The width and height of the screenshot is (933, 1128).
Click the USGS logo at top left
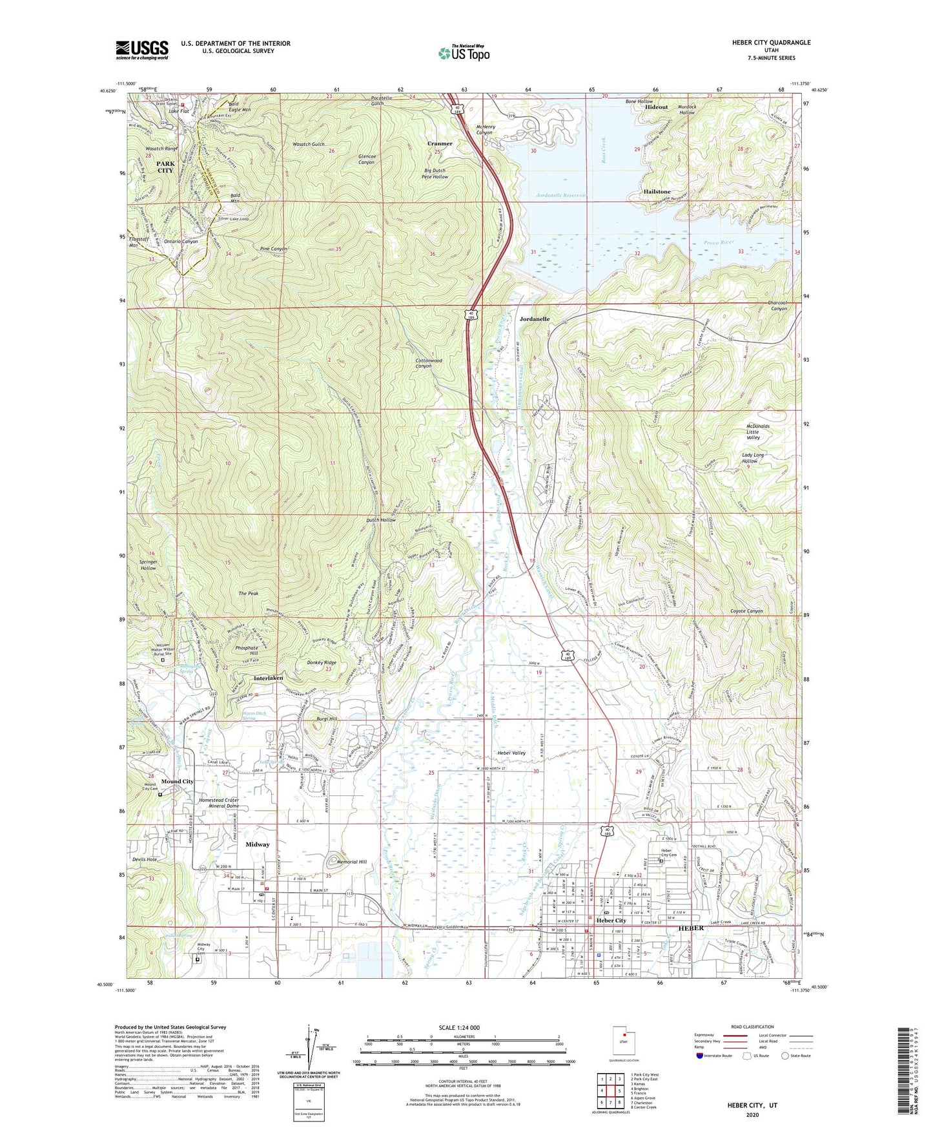[x=142, y=49]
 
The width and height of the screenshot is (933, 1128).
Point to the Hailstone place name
[x=657, y=192]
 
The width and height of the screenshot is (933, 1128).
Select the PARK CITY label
[x=165, y=167]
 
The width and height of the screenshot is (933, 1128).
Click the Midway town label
[x=258, y=844]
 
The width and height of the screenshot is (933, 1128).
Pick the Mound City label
[x=178, y=781]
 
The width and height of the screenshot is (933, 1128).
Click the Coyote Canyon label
[x=746, y=611]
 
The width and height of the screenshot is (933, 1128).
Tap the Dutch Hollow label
[x=381, y=520]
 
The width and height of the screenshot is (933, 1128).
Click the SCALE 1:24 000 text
[x=459, y=1028]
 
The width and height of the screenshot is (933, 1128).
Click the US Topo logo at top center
[x=463, y=53]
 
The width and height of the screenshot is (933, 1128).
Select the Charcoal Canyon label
[x=770, y=306]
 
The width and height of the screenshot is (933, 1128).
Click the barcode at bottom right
[x=904, y=1072]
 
